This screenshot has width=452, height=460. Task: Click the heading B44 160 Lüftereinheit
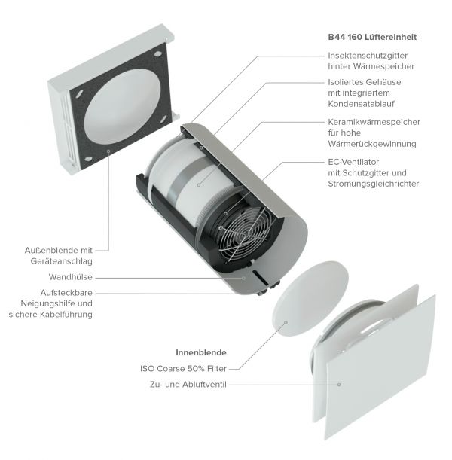[x=372, y=37]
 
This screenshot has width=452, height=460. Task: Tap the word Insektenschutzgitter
[x=368, y=56]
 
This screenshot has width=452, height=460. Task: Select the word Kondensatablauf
[x=361, y=104]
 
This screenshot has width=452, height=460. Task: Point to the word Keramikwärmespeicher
[x=374, y=122]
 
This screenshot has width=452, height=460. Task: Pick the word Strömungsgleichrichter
[x=374, y=184]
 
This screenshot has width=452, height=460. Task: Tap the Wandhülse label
[x=71, y=277]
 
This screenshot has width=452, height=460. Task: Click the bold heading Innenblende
[x=201, y=352]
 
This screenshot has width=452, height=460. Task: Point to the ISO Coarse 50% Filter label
[x=183, y=368]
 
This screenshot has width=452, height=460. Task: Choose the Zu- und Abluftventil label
[x=188, y=384]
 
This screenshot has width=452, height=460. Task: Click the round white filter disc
[x=310, y=299]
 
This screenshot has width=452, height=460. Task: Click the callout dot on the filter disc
[x=286, y=323]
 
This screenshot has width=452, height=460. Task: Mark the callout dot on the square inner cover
[x=339, y=385]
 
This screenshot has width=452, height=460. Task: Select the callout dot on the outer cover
[x=108, y=151]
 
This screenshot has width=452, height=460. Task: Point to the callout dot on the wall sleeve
[x=243, y=278]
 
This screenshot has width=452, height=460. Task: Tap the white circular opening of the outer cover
[x=122, y=106]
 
